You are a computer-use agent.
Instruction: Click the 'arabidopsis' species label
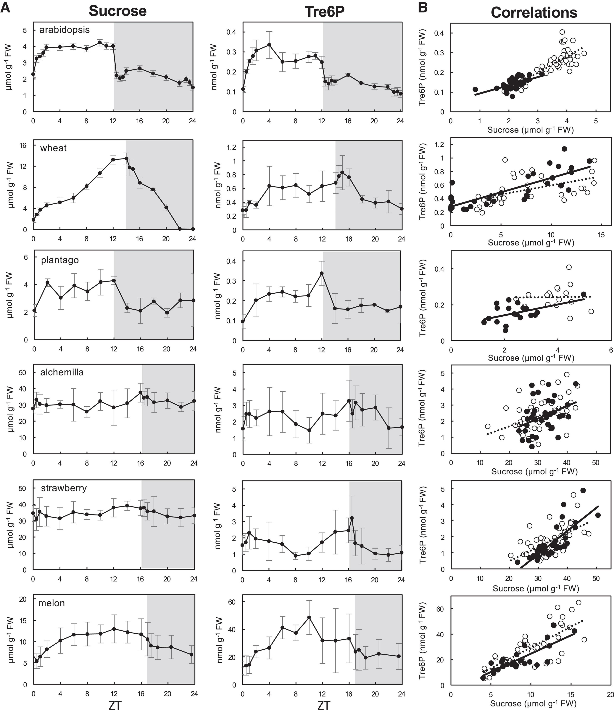tap(65, 30)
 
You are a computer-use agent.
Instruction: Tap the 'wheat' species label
tap(53, 148)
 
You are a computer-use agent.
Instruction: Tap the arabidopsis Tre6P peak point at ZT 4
tap(269, 45)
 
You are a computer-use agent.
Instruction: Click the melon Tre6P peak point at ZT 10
tap(309, 617)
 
